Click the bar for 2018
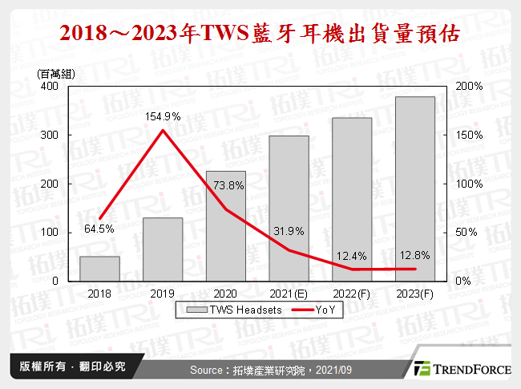[x=99, y=269]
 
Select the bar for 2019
[x=163, y=249]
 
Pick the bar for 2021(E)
[x=289, y=209]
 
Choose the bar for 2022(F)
[x=352, y=200]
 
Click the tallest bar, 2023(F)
[x=415, y=189]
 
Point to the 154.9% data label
[x=163, y=117]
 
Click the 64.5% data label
[x=99, y=229]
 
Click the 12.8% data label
[x=415, y=255]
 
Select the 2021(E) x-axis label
[x=289, y=294]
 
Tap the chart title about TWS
[x=260, y=34]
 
